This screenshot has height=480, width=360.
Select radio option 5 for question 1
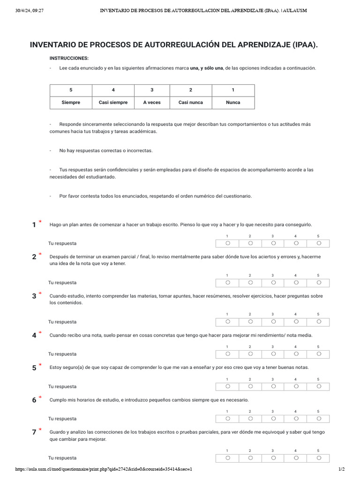[319, 243]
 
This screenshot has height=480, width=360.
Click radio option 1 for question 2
[227, 283]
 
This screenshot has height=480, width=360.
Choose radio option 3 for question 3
[273, 322]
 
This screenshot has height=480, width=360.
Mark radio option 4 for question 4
[296, 354]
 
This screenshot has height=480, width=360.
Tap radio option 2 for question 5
[250, 387]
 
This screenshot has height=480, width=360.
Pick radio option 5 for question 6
[319, 419]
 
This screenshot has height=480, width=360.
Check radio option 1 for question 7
[227, 458]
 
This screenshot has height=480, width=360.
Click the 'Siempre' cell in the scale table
[71, 102]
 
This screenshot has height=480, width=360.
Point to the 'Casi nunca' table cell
[191, 102]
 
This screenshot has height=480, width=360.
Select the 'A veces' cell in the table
[152, 102]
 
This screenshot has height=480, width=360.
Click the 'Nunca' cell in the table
[233, 102]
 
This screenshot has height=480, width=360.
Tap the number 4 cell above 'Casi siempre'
[113, 90]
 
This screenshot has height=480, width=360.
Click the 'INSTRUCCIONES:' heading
[69, 58]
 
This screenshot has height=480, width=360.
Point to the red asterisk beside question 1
[40, 222]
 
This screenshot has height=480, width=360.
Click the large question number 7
[34, 433]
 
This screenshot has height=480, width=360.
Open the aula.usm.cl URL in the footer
[104, 469]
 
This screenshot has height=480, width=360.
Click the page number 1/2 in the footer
[341, 469]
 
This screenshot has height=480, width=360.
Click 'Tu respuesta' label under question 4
[62, 354]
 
